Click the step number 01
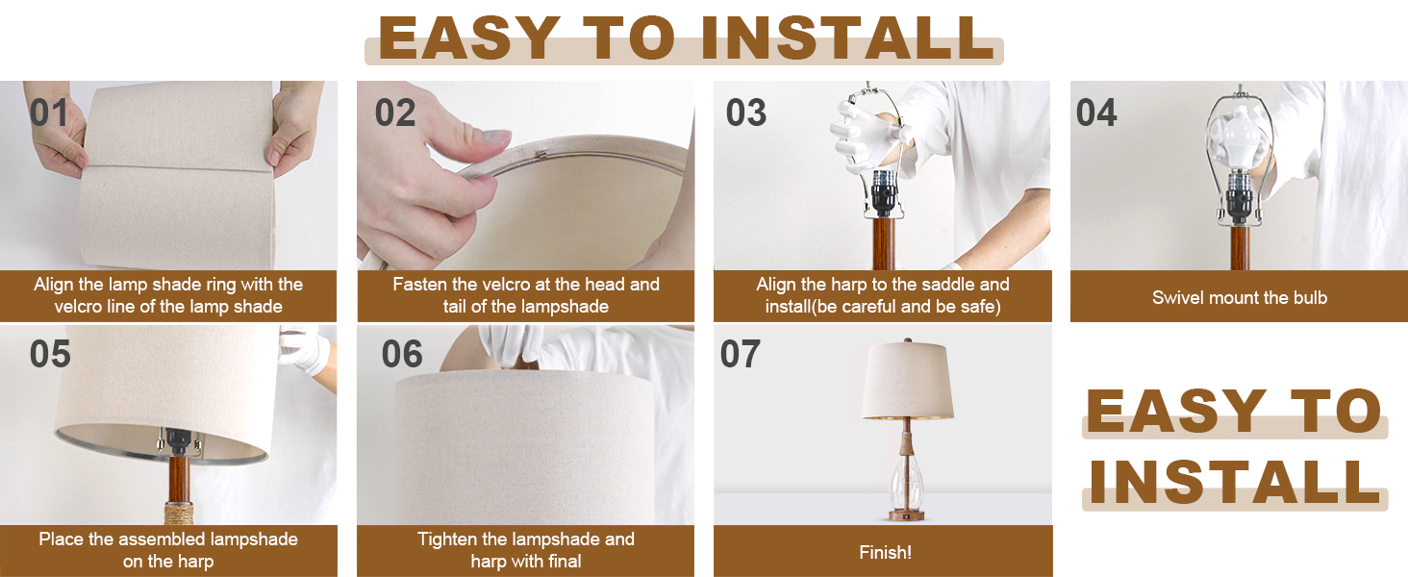click(x=48, y=113)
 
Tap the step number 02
click(x=395, y=113)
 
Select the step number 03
click(x=746, y=113)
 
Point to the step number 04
click(x=1096, y=113)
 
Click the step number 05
click(x=50, y=354)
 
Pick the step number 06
click(x=402, y=354)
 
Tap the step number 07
click(x=741, y=354)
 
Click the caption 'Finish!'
click(x=885, y=553)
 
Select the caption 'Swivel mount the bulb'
click(x=1240, y=297)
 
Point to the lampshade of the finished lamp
click(x=907, y=381)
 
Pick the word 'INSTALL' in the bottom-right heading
click(x=1235, y=482)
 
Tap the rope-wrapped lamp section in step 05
click(x=179, y=513)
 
